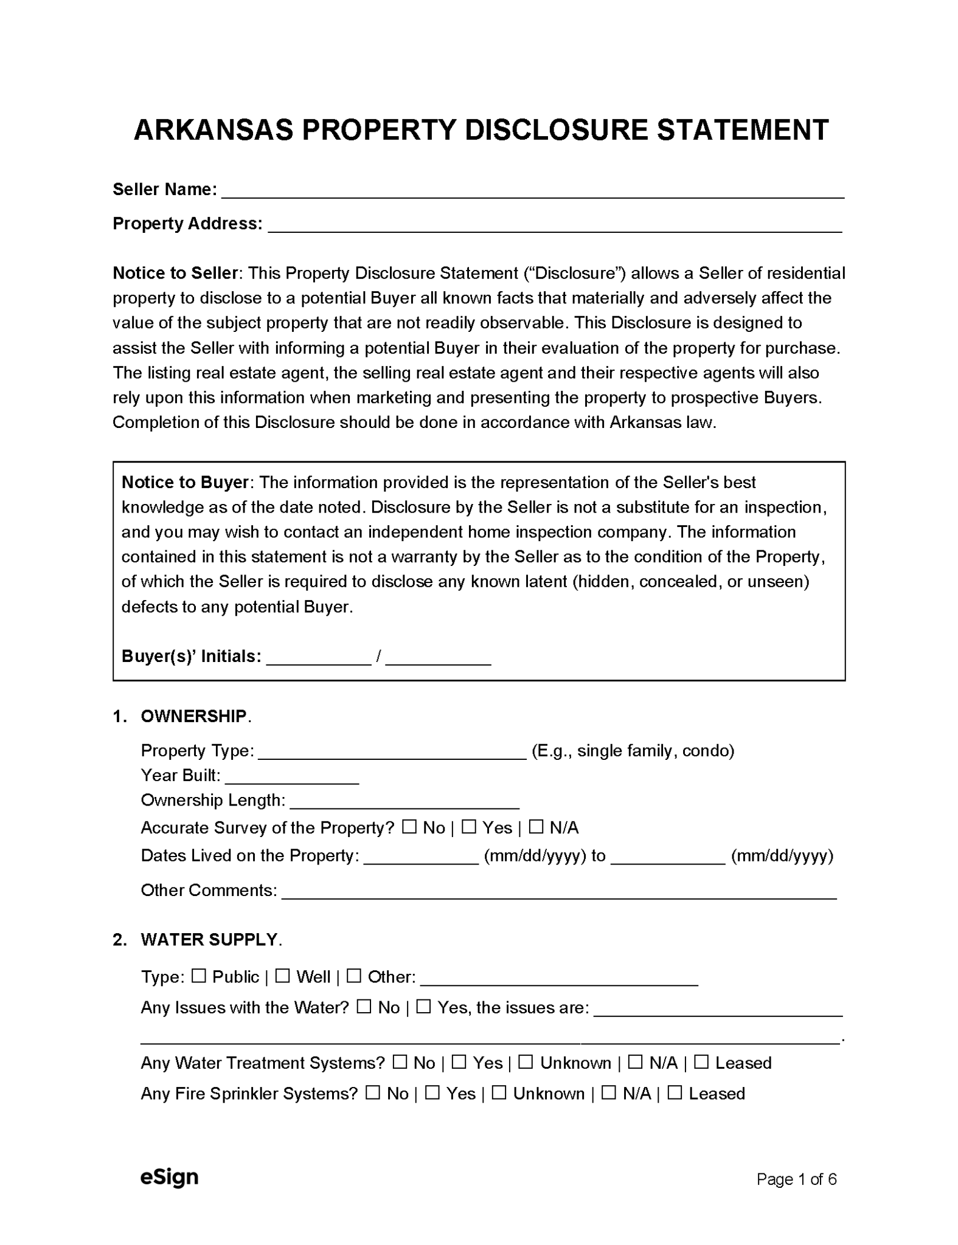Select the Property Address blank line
coord(554,226)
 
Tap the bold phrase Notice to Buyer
coord(184,482)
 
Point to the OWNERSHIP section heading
coord(193,716)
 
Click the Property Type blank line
coord(392,753)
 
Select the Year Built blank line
coord(291,778)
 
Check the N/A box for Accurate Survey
coord(535,827)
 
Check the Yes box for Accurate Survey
coord(468,827)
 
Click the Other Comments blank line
coord(558,892)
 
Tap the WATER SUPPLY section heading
coord(209,940)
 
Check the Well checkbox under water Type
coord(282,976)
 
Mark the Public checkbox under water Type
coord(198,976)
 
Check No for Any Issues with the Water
coord(364,1007)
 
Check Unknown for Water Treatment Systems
coord(526,1062)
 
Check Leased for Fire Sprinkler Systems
coord(674,1092)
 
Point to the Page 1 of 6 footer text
coord(796,1179)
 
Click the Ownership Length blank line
coord(404,802)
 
